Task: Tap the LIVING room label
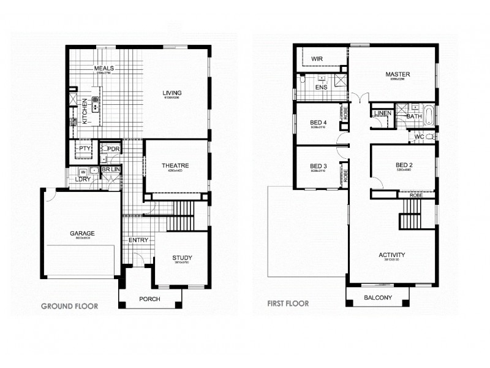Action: [172, 93]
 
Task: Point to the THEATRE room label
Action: [175, 166]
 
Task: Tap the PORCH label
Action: [149, 299]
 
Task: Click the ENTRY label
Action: [138, 240]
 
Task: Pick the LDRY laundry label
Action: [83, 179]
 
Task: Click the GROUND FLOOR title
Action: [69, 305]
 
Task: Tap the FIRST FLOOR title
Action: [288, 303]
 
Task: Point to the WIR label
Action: [317, 59]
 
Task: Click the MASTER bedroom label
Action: [398, 75]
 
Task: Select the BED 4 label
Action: [318, 123]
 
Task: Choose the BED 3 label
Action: [318, 166]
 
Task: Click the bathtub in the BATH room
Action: [429, 113]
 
